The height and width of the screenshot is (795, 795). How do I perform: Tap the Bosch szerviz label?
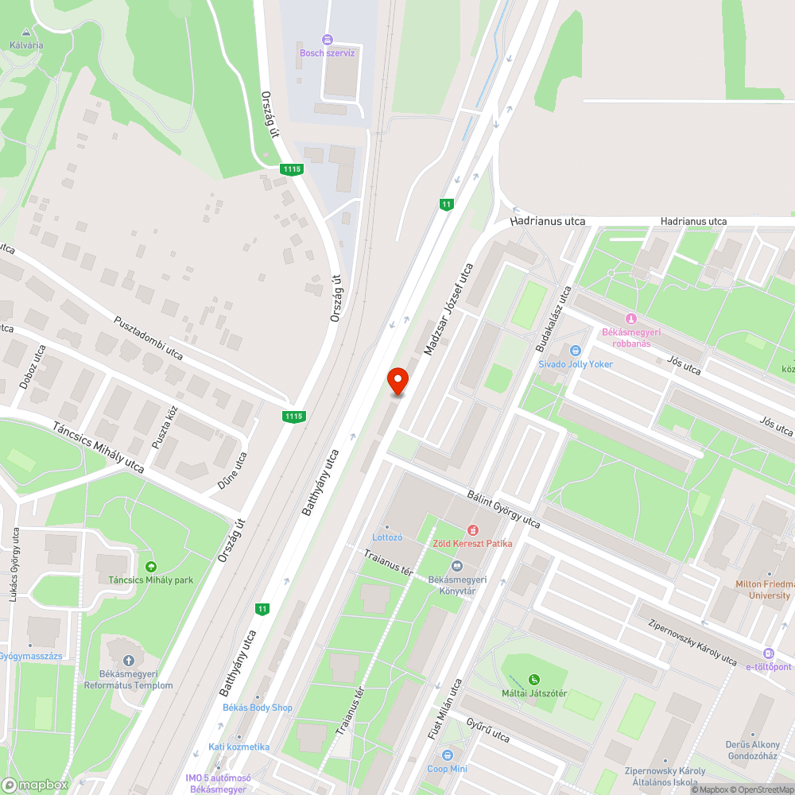(327, 52)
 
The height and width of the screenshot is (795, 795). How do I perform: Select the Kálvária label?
(26, 45)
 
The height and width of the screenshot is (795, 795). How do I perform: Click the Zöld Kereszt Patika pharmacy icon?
(472, 529)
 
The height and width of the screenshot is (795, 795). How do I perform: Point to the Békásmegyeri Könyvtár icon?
(456, 566)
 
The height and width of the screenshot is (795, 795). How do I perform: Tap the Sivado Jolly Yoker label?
(576, 364)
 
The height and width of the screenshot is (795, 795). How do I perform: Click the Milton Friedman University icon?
(768, 574)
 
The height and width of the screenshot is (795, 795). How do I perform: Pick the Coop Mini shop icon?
(448, 755)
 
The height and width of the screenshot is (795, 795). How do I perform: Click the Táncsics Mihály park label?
(151, 580)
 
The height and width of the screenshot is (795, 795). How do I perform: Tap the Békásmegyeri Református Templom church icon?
(129, 660)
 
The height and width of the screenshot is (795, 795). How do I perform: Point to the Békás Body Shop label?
(257, 708)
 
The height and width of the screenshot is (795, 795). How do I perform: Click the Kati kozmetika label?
(238, 747)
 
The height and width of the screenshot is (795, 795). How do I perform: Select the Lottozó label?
(387, 537)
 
